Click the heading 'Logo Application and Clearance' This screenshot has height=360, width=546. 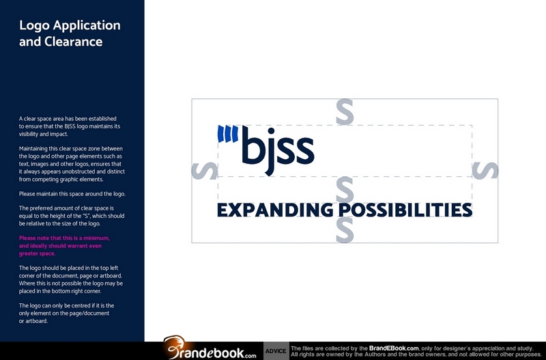[x=70, y=33]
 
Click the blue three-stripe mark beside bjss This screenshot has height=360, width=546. [x=228, y=134]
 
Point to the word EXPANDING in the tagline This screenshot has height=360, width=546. [x=275, y=210]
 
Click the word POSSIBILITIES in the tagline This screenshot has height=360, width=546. [x=405, y=210]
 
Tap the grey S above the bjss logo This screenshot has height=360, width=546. [x=345, y=112]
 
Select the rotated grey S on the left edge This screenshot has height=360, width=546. [x=205, y=171]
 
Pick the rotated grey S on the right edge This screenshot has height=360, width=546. [x=485, y=171]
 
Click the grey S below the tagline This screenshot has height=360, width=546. [x=345, y=230]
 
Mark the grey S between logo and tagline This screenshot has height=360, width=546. [x=345, y=189]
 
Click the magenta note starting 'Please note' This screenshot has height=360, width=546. [x=64, y=246]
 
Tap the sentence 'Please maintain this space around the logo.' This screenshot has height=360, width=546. [x=72, y=194]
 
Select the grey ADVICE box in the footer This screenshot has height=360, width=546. [x=276, y=351]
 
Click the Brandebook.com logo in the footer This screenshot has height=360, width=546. [x=210, y=348]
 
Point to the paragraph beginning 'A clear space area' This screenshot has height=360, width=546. [x=70, y=126]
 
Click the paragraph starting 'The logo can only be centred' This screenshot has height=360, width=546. [x=66, y=314]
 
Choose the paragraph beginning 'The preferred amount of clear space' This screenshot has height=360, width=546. [x=72, y=216]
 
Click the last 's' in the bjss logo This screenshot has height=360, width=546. [x=305, y=150]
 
